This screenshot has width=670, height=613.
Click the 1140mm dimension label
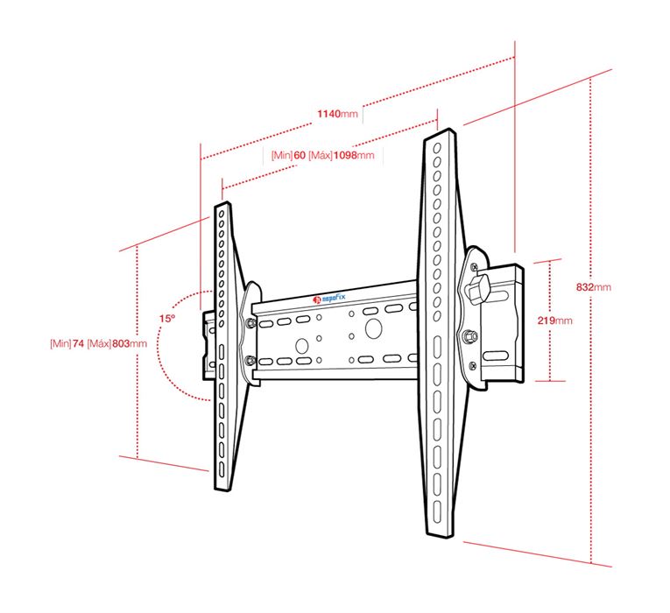click(337, 114)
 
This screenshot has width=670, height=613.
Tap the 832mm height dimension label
click(594, 287)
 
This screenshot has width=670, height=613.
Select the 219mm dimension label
click(554, 321)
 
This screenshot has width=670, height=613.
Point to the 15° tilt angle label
click(167, 318)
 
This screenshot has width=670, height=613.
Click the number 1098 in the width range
click(345, 155)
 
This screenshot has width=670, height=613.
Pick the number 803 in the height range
click(121, 343)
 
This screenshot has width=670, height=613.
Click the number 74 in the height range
click(78, 343)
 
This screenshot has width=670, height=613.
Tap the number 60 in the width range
click(300, 155)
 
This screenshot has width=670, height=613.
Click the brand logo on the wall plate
click(328, 298)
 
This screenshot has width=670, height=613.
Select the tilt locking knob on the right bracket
click(478, 287)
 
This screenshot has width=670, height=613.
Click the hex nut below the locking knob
click(469, 336)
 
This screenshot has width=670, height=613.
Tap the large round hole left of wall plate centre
click(301, 346)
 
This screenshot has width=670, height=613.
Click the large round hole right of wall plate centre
click(373, 328)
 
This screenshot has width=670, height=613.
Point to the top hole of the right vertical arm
click(437, 148)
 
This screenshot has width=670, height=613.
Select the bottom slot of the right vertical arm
click(437, 511)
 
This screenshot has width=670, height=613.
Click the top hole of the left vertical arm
click(222, 213)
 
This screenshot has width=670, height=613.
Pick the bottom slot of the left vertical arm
click(222, 469)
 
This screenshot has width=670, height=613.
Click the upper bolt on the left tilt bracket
click(250, 323)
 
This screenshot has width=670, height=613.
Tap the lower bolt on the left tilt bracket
click(250, 362)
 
